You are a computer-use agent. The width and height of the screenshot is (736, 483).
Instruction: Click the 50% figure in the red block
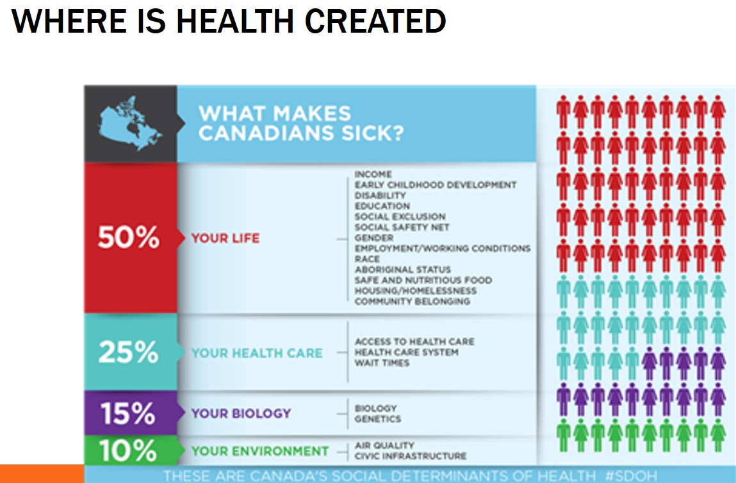128,238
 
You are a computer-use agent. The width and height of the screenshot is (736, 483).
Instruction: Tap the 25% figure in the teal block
128,353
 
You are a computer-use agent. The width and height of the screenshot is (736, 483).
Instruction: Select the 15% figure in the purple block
128,414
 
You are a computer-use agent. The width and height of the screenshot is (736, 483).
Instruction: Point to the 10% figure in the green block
128,451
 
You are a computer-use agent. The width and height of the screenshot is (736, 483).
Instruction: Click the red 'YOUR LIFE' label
225,238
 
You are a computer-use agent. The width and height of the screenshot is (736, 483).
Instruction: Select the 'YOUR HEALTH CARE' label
257,353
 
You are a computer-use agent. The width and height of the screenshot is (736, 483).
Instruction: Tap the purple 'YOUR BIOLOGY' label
241,414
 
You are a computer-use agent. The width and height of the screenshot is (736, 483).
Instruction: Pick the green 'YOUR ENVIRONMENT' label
260,451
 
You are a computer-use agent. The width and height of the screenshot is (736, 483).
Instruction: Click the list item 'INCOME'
373,174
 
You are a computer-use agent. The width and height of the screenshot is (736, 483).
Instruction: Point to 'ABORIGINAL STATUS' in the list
403,270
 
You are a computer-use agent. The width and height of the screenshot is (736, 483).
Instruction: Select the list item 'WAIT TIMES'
382,363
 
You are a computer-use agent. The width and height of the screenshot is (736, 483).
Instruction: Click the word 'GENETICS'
378,419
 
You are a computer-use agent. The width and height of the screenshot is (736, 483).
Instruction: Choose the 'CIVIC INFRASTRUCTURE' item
411,456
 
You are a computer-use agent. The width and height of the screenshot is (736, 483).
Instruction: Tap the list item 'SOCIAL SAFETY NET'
402,227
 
